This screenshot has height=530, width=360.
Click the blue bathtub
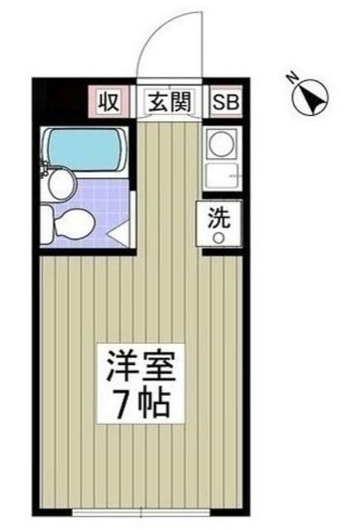(x=85, y=145)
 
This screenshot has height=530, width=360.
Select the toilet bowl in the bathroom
(x=73, y=223)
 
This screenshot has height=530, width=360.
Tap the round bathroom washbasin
(x=60, y=183)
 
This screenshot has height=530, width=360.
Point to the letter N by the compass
(x=291, y=78)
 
